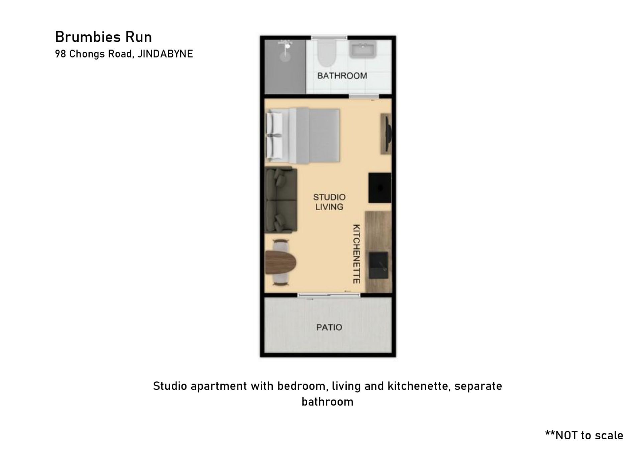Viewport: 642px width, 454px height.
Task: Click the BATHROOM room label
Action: tap(342, 76)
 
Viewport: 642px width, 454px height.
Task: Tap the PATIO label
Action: tap(329, 327)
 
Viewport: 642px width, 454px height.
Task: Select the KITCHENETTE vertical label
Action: tap(356, 254)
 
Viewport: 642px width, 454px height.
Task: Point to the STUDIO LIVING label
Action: tap(329, 202)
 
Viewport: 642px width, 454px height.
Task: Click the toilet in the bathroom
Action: tap(326, 53)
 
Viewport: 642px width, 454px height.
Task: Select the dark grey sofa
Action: tap(281, 200)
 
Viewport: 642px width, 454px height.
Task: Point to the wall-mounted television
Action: tap(388, 134)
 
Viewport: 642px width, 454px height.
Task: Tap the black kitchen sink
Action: tap(379, 265)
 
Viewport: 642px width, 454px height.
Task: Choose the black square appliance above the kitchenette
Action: tap(380, 188)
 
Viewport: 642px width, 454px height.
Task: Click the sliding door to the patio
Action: tap(329, 295)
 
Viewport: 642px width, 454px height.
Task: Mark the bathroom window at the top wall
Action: tap(329, 37)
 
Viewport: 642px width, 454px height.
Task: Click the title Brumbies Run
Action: tap(103, 37)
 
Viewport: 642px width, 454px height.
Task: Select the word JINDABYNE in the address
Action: tap(165, 54)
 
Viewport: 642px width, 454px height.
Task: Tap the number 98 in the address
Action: tap(61, 54)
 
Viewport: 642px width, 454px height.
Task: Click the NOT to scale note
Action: tap(584, 435)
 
